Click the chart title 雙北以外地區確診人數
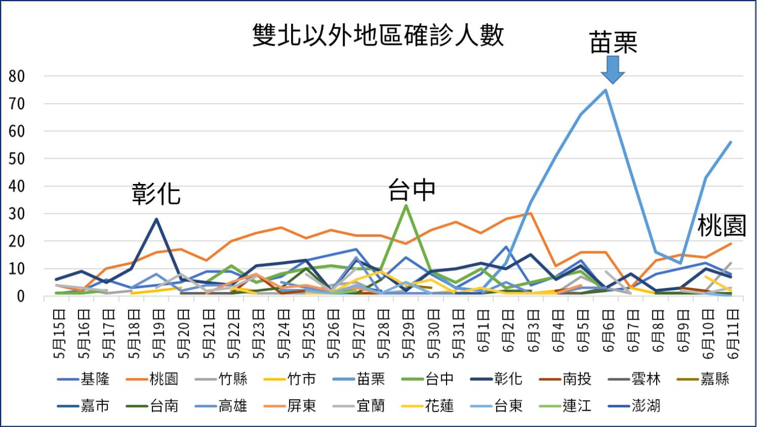pyautogui.click(x=378, y=35)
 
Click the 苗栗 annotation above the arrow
pyautogui.click(x=613, y=43)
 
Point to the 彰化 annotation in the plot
pyautogui.click(x=156, y=193)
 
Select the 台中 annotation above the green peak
pyautogui.click(x=412, y=190)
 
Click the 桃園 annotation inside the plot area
pyautogui.click(x=722, y=226)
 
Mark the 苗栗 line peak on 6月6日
pyautogui.click(x=606, y=90)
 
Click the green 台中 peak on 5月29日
pyautogui.click(x=406, y=205)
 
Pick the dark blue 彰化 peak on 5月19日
pyautogui.click(x=156, y=219)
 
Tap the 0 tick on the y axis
pyautogui.click(x=20, y=296)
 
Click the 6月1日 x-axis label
pyautogui.click(x=483, y=330)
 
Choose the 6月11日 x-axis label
pyautogui.click(x=733, y=333)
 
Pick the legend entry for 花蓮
pyautogui.click(x=428, y=406)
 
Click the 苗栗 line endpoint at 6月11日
pyautogui.click(x=731, y=142)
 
